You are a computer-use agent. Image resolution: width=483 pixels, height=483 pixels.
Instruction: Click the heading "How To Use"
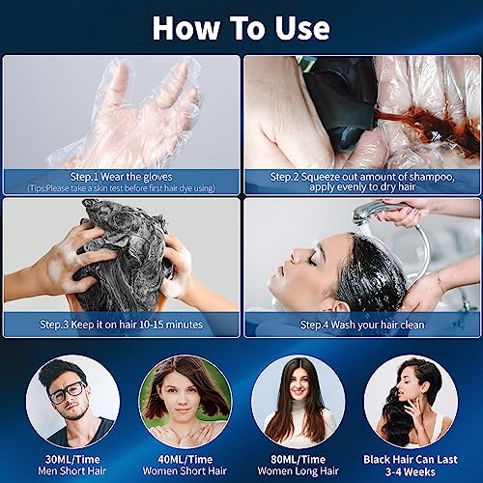click(241, 28)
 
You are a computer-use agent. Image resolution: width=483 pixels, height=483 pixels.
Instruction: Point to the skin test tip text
click(120, 188)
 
